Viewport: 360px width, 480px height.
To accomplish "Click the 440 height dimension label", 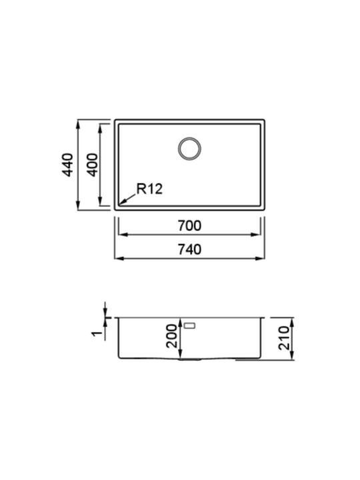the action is [x=67, y=165].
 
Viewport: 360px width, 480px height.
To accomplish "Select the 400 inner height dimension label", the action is [x=93, y=165].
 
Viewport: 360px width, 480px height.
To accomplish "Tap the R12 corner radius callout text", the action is [x=149, y=189].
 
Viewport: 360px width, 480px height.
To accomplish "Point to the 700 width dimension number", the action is [x=189, y=226].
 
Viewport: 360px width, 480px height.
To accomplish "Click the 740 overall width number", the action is [x=189, y=249].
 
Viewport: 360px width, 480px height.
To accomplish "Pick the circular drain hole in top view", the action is [x=189, y=149].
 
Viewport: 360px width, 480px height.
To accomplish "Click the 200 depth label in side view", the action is [x=171, y=336].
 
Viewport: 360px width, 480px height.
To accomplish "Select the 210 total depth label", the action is [x=284, y=338].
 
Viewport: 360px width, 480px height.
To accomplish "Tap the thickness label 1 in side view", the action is [x=97, y=333].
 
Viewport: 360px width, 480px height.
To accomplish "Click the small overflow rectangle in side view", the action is [x=191, y=325].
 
